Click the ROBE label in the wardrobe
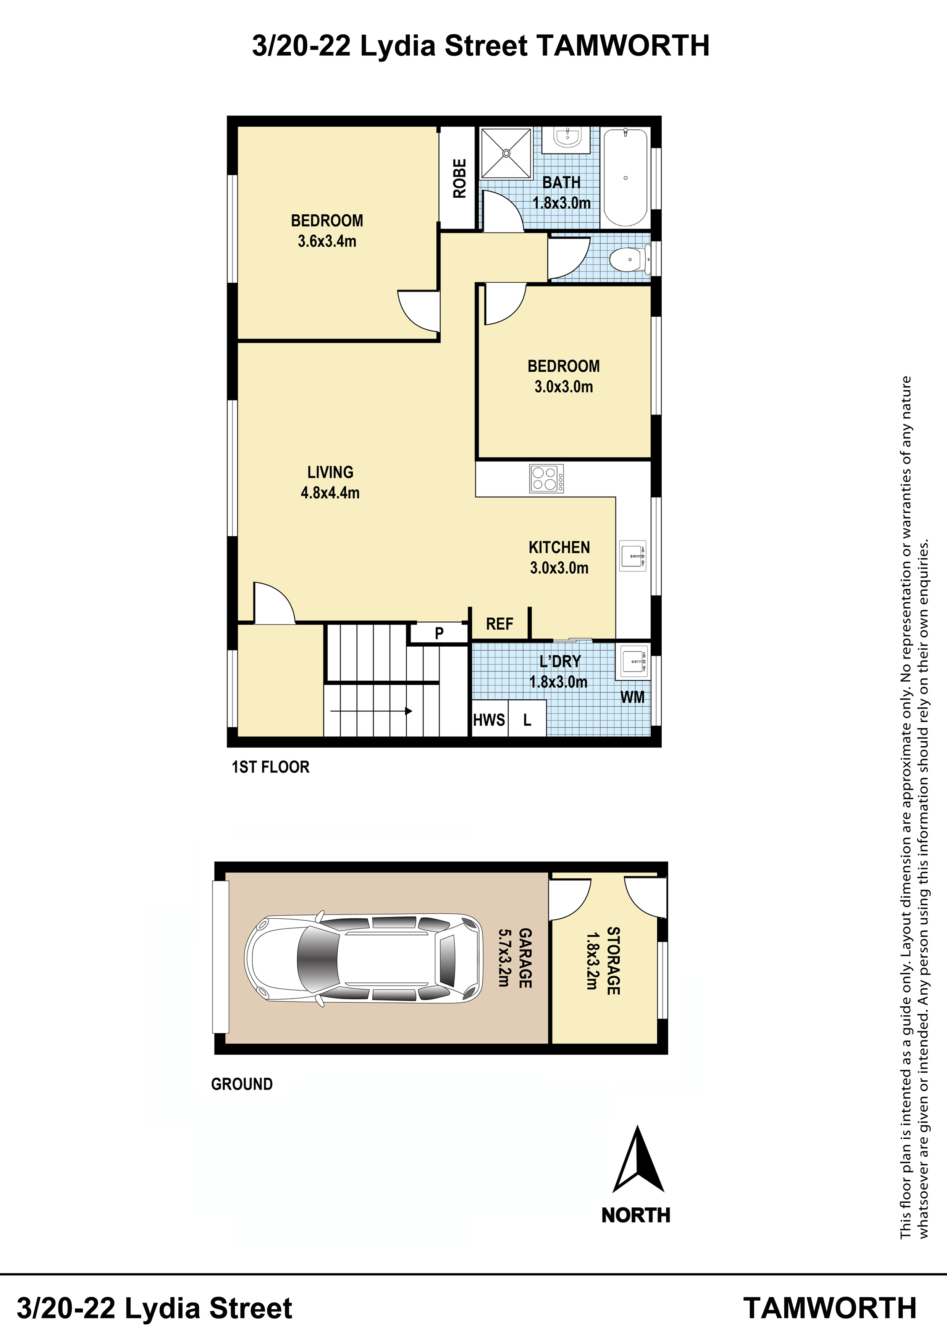(x=460, y=179)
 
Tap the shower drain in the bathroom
(x=506, y=153)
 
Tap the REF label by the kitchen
(x=499, y=624)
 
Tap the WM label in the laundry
(x=632, y=697)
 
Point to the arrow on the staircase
(x=372, y=711)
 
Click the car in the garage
(x=364, y=958)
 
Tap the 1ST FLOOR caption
(x=271, y=767)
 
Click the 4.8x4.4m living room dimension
(x=330, y=493)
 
